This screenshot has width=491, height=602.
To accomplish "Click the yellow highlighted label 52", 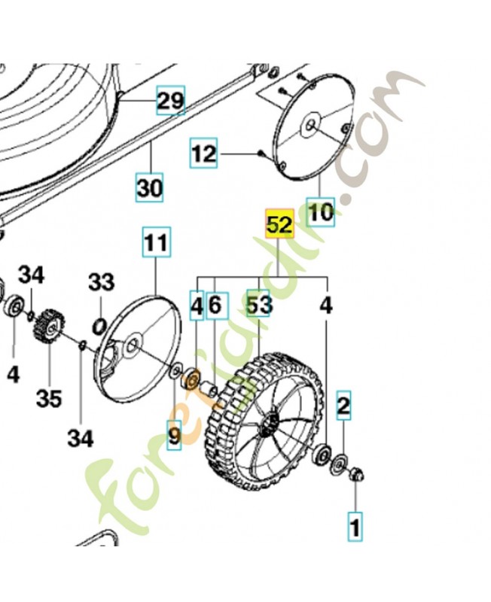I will pyautogui.click(x=279, y=225).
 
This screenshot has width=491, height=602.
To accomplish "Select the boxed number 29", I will pyautogui.click(x=170, y=100).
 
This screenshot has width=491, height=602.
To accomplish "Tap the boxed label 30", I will pyautogui.click(x=149, y=187).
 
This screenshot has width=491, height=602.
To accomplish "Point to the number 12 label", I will pyautogui.click(x=203, y=154).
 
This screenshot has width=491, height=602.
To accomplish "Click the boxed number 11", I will pyautogui.click(x=157, y=243).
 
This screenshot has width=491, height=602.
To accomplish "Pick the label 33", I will pyautogui.click(x=101, y=283).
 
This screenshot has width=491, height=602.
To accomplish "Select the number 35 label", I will pyautogui.click(x=49, y=398).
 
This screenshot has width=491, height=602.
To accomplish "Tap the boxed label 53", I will pyautogui.click(x=260, y=306).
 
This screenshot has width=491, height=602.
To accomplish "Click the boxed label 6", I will pyautogui.click(x=215, y=306).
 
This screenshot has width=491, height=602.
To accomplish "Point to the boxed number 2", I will pyautogui.click(x=343, y=407).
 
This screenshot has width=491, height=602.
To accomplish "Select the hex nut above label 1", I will pyautogui.click(x=358, y=474).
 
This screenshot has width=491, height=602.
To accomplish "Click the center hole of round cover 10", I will pyautogui.click(x=310, y=126).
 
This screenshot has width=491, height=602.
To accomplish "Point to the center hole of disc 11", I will pyautogui.click(x=133, y=345).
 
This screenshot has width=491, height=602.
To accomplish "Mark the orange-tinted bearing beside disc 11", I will pyautogui.click(x=191, y=374).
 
